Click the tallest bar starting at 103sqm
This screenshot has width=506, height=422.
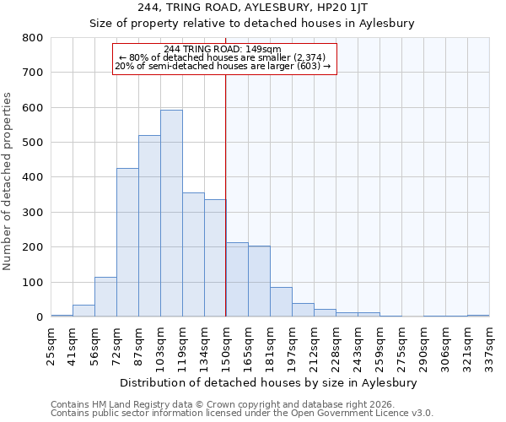171,214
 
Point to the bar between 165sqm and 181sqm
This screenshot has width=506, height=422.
259,282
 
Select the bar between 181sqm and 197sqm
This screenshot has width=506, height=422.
281,302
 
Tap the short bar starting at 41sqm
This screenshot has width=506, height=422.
83,311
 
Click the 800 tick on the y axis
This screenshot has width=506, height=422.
33,38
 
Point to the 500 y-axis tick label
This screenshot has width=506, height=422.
33,143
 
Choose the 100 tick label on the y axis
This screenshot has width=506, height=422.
33,282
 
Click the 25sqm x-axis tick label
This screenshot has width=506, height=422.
51,344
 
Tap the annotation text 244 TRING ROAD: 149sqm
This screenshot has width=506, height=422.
223,50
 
